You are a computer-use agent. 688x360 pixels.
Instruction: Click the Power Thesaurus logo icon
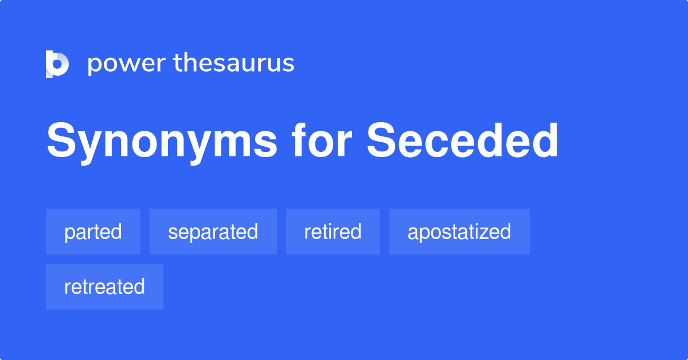tap(57, 64)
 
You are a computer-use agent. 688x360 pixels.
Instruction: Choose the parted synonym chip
tap(93, 232)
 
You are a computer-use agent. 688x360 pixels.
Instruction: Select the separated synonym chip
tap(213, 232)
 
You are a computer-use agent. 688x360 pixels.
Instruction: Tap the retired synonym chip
tap(333, 232)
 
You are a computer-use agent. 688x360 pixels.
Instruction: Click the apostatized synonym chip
tap(459, 232)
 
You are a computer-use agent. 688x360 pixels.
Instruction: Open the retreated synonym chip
tap(104, 287)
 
